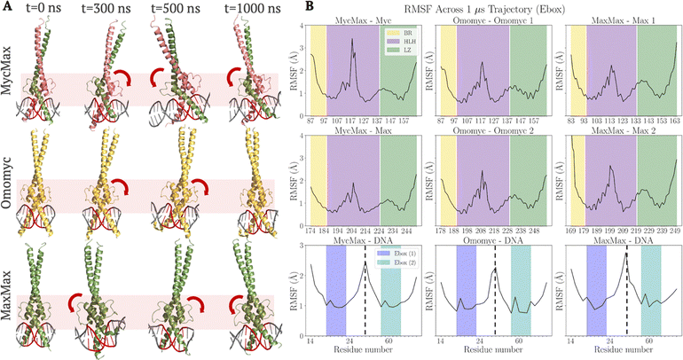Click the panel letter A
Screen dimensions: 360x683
pyautogui.click(x=7, y=7)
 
